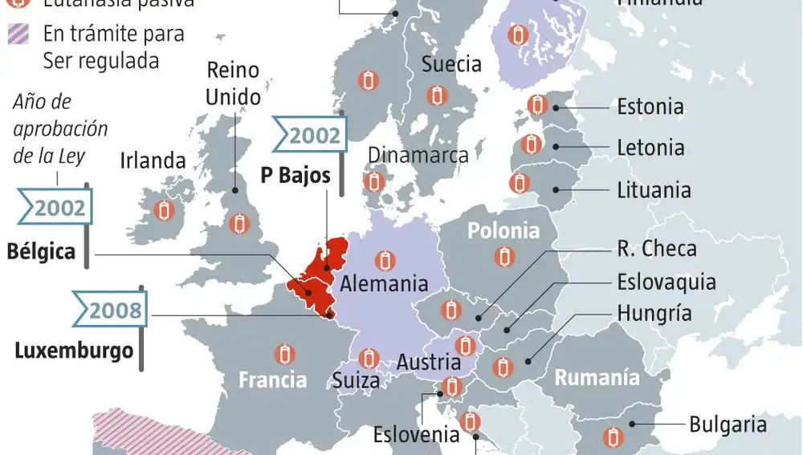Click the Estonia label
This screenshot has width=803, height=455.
point(650,107)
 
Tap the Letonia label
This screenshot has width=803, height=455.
point(650,148)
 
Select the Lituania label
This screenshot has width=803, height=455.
point(654,190)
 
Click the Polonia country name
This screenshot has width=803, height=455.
point(503,231)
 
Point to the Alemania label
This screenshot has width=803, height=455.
point(383,283)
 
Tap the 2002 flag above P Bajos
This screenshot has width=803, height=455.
point(309,135)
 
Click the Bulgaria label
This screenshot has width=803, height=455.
point(728,424)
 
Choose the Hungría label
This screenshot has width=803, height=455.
point(654,312)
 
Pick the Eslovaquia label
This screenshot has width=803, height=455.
point(666,282)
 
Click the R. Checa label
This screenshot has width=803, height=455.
point(656,249)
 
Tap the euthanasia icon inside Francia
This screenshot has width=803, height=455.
point(283,354)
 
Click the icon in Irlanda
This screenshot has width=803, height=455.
point(164,211)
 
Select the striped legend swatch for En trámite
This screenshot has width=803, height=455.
point(18,35)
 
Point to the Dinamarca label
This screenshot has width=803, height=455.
point(418,155)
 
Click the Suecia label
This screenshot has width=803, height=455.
point(451,64)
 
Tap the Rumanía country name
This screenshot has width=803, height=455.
point(597,377)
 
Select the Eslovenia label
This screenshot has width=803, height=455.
point(416,434)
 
